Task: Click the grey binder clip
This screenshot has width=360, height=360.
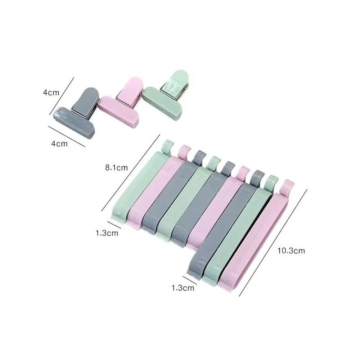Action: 76,115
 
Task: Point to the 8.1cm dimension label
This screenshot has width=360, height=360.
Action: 116,167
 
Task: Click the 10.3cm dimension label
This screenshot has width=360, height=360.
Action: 291,251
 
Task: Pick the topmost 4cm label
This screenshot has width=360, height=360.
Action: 51,93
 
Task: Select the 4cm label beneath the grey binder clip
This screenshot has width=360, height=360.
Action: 59,144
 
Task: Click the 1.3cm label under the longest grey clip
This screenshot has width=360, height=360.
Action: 183,288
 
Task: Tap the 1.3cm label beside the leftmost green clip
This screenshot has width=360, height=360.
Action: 107,233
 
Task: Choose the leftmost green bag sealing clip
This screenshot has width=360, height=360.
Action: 138,184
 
